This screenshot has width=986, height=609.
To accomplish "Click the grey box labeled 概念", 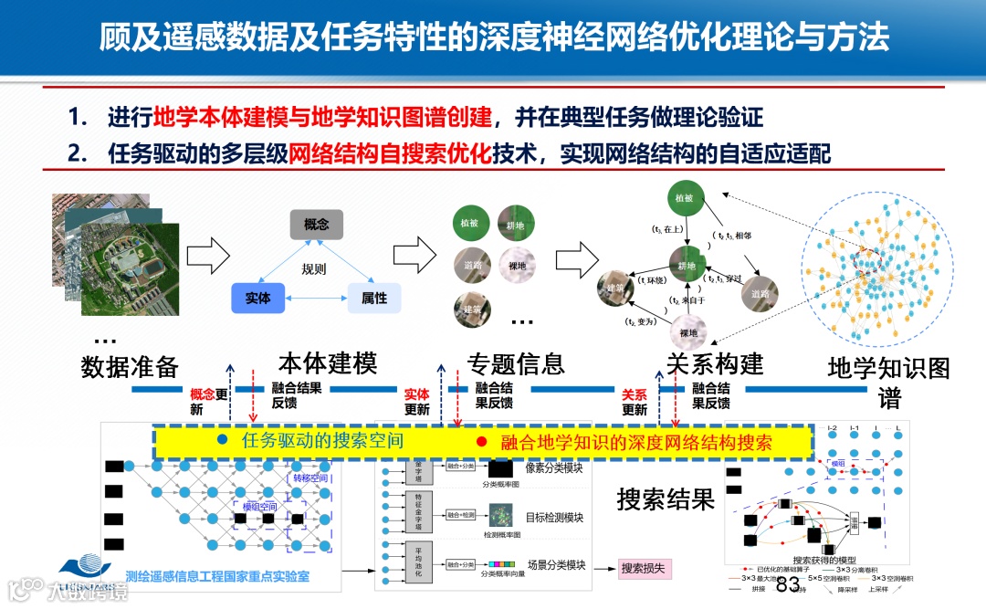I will [x=316, y=225].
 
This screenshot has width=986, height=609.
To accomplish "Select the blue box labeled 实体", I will [x=258, y=298].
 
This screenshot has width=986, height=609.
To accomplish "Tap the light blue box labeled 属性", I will [x=374, y=298].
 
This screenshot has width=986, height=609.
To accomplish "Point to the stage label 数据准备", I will [x=130, y=367].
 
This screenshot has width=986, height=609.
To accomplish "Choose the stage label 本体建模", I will [x=328, y=363].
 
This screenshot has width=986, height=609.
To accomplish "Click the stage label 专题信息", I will [x=517, y=363].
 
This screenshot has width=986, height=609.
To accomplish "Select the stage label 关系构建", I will [x=715, y=363].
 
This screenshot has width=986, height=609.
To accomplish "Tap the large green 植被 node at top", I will [x=686, y=199].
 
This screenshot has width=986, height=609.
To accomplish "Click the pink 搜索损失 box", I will [x=645, y=569].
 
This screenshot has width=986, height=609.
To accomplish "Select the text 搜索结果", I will [x=665, y=499].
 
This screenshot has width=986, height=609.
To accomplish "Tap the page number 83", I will [x=787, y=584].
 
